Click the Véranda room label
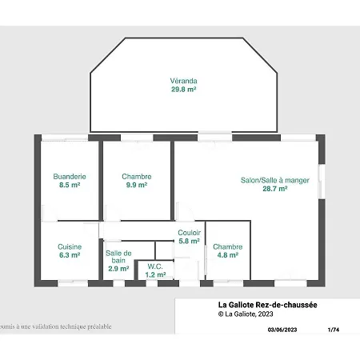pos(183,82)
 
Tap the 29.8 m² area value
pos(183,90)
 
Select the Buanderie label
pos(70,176)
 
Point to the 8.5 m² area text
pos(70,185)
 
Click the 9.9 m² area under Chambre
pos(137,185)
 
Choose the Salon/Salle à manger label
pos(274,180)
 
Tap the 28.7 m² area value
pos(274,189)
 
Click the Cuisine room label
pos(70,247)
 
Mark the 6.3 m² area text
pos(70,256)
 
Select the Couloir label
pos(189,232)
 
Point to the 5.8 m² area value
pos(189,241)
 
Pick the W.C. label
pos(155,266)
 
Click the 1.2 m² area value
pos(155,274)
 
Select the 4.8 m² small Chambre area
pos(227,256)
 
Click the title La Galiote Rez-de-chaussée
pos(267,305)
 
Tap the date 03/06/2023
pos(281,329)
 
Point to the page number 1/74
pos(333,329)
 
